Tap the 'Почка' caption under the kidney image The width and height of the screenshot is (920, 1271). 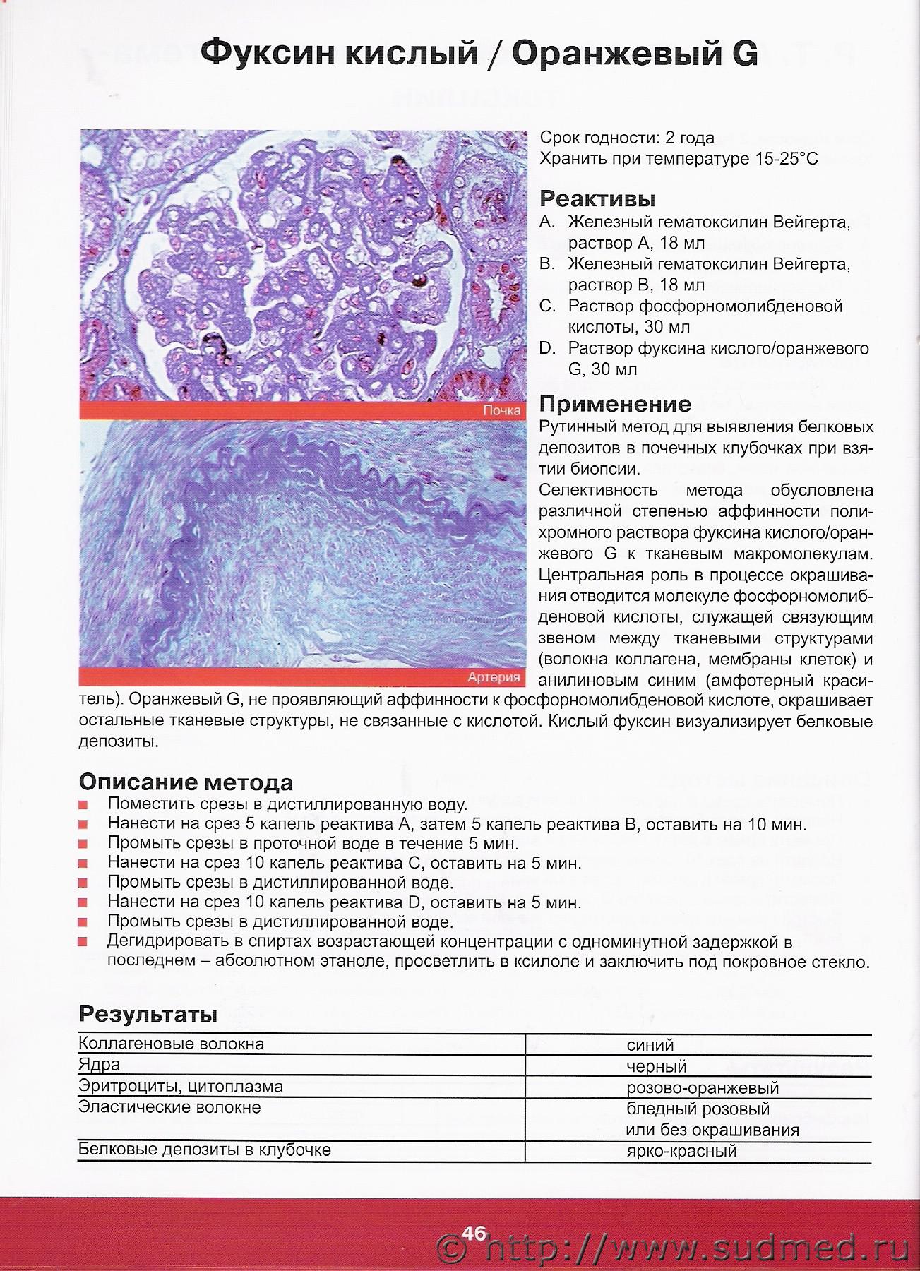click(x=502, y=410)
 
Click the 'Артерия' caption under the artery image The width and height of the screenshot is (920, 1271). click(x=494, y=677)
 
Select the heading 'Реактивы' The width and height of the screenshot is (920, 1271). click(x=597, y=198)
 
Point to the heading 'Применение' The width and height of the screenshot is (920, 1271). click(x=615, y=404)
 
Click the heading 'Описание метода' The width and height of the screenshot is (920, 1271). click(x=186, y=782)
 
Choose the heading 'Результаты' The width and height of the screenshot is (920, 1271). click(x=148, y=1014)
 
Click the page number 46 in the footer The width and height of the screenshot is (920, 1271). click(x=474, y=1233)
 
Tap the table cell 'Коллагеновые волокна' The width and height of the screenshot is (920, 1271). click(x=172, y=1043)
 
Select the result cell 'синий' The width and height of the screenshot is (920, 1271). click(x=650, y=1045)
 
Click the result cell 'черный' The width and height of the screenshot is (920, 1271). click(x=657, y=1066)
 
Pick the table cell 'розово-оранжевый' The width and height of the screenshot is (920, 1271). click(x=702, y=1087)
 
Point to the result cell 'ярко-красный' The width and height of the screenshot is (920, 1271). click(x=681, y=1151)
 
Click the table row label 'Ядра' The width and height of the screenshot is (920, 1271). click(x=100, y=1064)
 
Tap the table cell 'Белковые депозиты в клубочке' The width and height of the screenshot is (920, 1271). click(x=205, y=1150)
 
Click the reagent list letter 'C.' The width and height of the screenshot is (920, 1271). click(x=547, y=306)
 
